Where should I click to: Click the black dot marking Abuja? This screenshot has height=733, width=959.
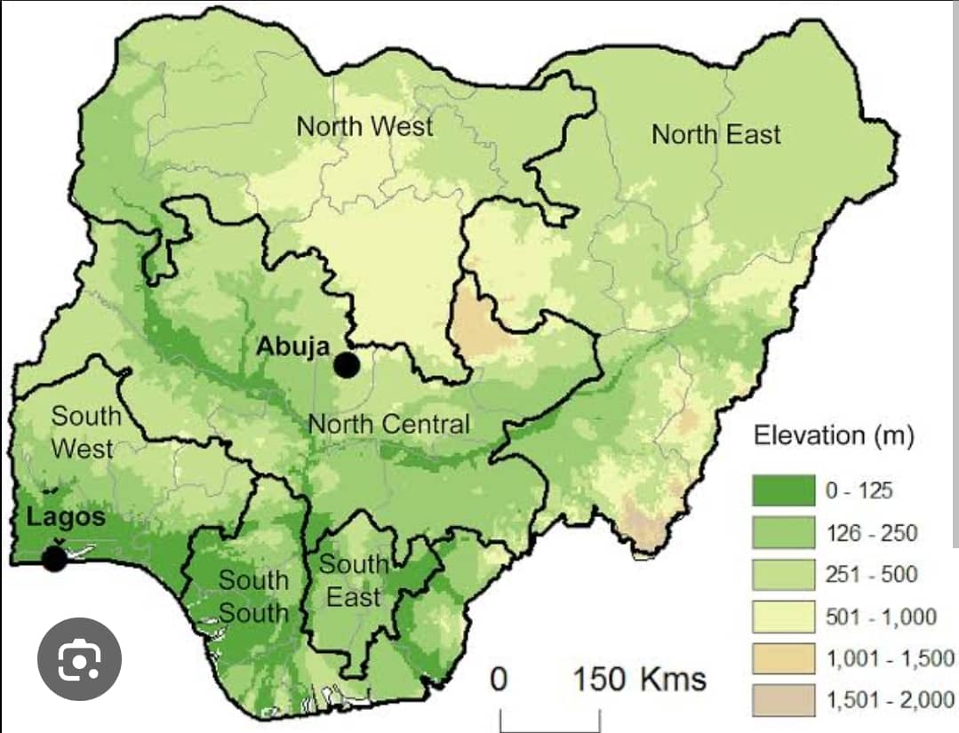click(x=347, y=364)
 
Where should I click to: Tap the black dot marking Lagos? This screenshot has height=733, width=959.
click(x=54, y=558)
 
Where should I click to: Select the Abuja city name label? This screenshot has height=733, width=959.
click(x=293, y=346)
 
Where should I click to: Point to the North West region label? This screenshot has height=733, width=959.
click(x=364, y=126)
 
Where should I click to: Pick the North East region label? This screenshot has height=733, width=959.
click(x=715, y=135)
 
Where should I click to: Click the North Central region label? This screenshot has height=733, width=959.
click(x=388, y=424)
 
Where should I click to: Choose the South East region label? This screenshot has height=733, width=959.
click(x=354, y=580)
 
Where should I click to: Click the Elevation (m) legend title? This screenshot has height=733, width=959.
click(x=833, y=435)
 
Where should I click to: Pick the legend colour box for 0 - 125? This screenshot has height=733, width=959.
click(x=783, y=490)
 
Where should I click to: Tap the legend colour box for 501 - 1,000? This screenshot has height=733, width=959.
click(x=783, y=617)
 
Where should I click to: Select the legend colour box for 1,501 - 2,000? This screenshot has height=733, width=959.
click(x=783, y=701)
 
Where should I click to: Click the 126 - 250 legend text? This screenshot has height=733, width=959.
click(x=871, y=532)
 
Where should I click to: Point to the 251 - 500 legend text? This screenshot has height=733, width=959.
click(x=871, y=574)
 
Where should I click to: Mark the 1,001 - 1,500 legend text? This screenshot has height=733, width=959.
click(x=890, y=658)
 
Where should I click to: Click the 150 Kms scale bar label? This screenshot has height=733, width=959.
click(x=639, y=680)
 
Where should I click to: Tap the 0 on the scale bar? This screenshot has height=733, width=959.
click(x=499, y=680)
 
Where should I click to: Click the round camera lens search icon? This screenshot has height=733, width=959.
click(x=79, y=659)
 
